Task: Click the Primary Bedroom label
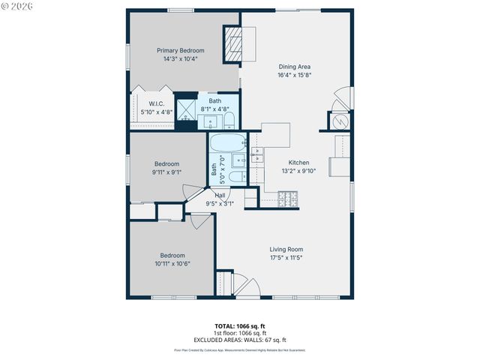180,51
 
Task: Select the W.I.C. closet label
157,103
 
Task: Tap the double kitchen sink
258,155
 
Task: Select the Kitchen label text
299,162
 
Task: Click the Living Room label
286,249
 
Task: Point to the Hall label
220,195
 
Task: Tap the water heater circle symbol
339,121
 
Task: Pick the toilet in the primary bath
229,119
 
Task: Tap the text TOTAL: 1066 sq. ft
240,326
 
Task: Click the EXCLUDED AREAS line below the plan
240,340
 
